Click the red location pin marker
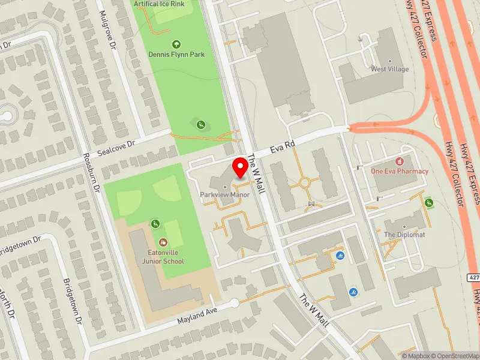241,168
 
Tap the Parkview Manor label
224,195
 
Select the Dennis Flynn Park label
176,55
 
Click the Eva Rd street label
283,145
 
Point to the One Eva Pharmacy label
400,171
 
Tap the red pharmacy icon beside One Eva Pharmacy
400,161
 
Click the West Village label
389,69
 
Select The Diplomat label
404,235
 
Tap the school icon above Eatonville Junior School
163,242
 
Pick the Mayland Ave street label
196,314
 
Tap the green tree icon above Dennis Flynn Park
176,44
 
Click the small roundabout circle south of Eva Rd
304,182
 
